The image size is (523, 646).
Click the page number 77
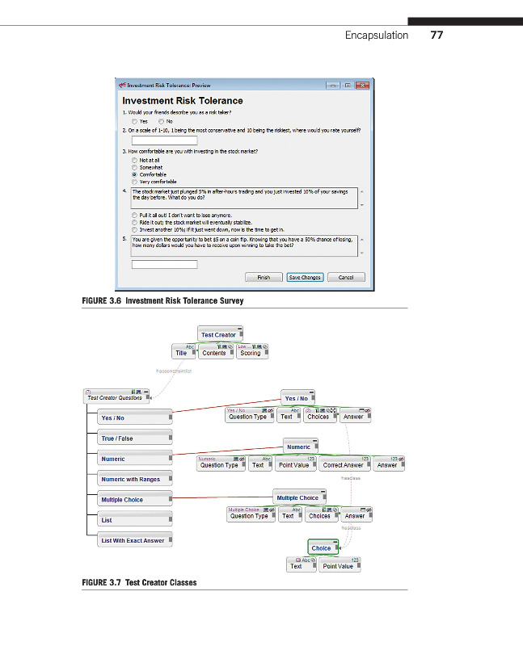[437, 36]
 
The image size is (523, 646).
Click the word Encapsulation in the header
[377, 36]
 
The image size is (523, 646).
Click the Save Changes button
[305, 277]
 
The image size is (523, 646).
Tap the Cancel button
[346, 277]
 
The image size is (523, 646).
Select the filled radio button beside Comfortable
[134, 174]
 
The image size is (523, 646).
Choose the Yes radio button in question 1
[134, 121]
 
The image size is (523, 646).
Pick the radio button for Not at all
[134, 160]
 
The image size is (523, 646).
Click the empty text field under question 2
[164, 141]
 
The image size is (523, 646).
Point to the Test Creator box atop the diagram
[218, 334]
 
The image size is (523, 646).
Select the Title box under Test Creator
[181, 353]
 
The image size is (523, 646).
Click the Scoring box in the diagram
[251, 353]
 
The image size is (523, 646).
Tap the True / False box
[133, 438]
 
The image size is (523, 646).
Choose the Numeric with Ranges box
[133, 480]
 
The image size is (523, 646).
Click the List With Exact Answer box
[133, 541]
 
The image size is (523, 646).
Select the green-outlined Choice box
[322, 548]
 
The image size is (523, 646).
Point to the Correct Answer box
[343, 465]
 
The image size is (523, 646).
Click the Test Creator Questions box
[115, 397]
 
